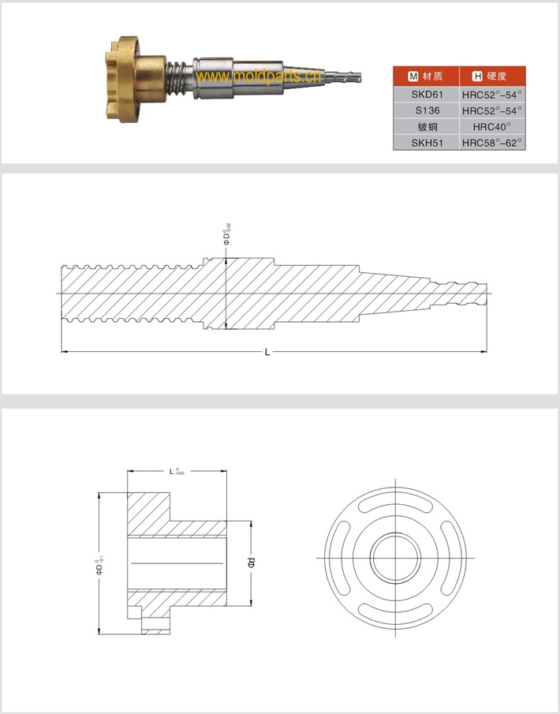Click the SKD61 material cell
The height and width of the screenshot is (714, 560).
427,95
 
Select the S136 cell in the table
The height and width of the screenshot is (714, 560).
427,110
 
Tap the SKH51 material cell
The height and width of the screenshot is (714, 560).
427,142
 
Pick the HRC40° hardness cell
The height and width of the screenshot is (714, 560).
493,126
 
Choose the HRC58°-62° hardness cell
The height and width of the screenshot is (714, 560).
493,142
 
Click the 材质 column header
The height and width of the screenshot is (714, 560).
427,77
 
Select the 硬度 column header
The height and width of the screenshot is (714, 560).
493,77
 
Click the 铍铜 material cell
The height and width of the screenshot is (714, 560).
427,126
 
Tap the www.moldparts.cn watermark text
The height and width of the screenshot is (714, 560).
256,77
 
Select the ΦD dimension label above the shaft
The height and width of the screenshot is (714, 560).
227,236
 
